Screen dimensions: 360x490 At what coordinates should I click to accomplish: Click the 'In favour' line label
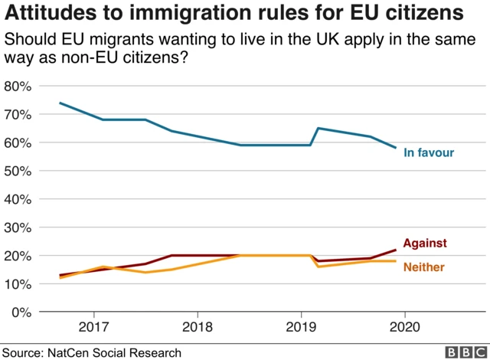click(429, 153)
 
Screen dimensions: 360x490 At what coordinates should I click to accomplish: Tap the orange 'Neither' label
click(423, 267)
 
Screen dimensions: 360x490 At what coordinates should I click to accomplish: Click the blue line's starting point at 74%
click(60, 103)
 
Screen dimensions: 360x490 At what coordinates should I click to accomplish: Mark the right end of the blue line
click(396, 148)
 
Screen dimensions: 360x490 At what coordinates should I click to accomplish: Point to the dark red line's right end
click(396, 250)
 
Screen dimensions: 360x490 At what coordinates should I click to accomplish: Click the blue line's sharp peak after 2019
click(318, 128)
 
